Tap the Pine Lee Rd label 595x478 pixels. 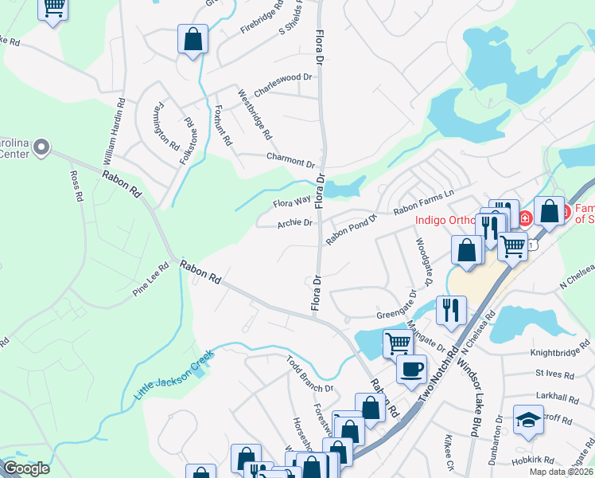[151, 276]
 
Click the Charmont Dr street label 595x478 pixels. [290, 159]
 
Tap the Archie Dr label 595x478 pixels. [294, 223]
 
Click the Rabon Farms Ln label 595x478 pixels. [423, 202]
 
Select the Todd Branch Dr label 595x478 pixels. [309, 375]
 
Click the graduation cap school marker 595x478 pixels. [527, 420]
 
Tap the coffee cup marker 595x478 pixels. [412, 369]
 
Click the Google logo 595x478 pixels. [26, 468]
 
